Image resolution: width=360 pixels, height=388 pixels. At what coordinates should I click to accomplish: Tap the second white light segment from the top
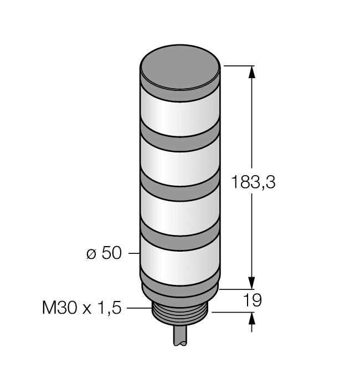click(180, 161)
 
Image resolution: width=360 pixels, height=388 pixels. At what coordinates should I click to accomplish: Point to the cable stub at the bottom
click(180, 338)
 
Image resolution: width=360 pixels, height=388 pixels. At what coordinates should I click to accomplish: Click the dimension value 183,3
click(253, 182)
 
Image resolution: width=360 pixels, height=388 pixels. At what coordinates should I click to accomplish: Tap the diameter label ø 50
click(104, 253)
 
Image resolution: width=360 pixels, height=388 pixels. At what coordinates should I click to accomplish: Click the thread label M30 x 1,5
click(82, 307)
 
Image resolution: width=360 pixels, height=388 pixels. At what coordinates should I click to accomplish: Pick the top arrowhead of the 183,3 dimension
click(253, 71)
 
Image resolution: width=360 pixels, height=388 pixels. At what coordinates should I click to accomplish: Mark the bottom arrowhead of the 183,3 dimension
click(253, 283)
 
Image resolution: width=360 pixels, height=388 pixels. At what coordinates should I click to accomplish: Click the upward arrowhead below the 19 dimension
click(253, 318)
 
